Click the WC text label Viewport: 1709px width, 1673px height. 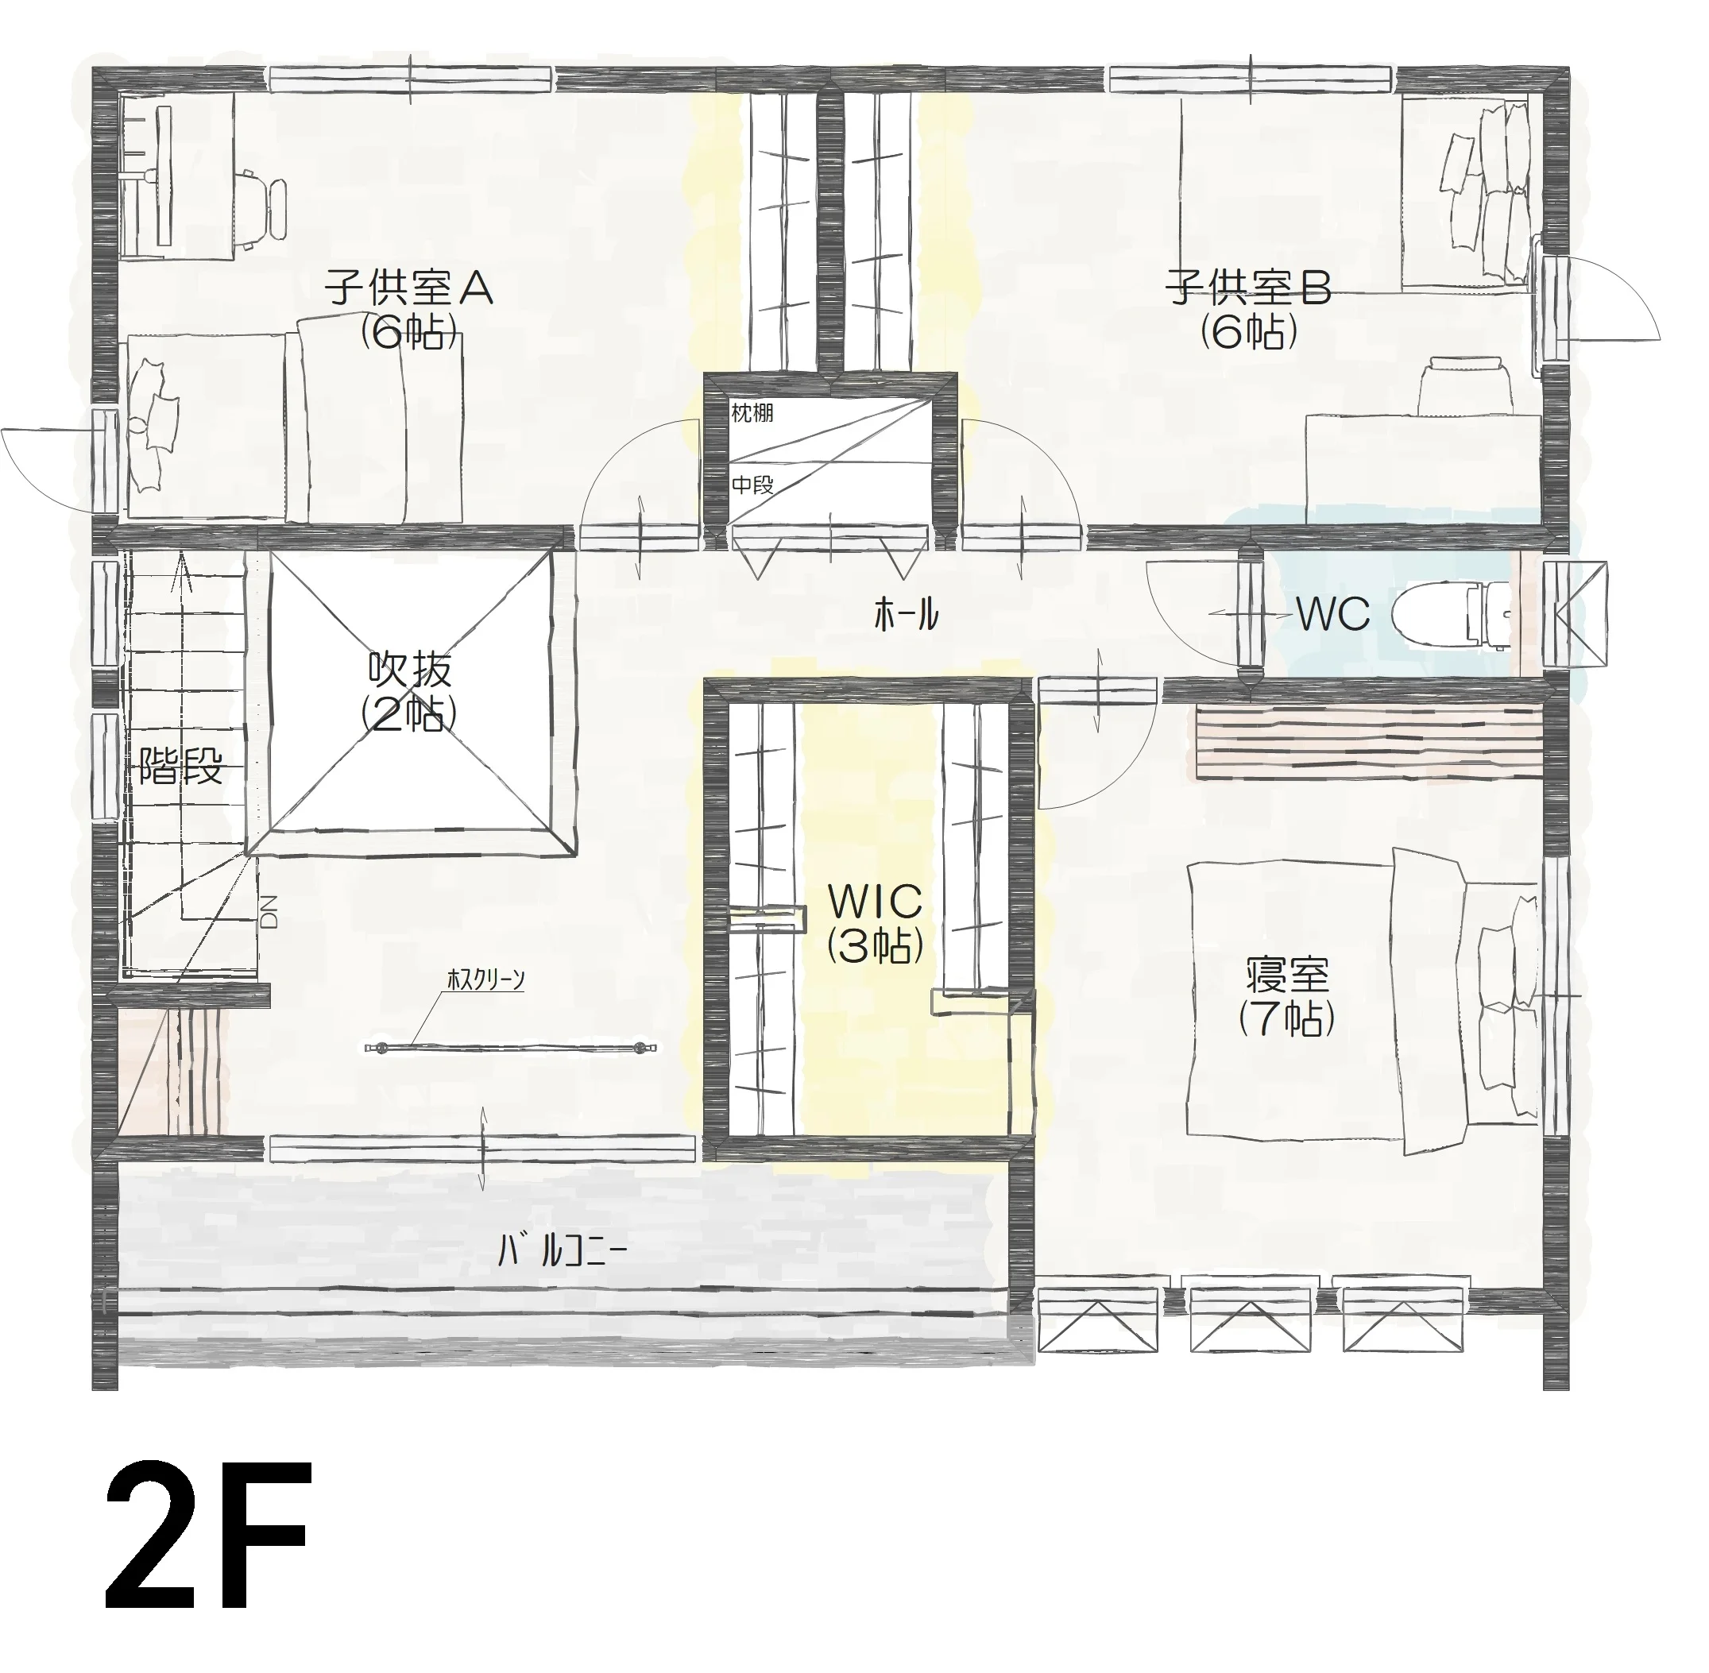(x=1333, y=613)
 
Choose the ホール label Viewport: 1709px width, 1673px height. (x=906, y=614)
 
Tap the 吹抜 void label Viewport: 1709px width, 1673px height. (x=409, y=670)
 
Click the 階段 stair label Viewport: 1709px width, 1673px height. (x=181, y=767)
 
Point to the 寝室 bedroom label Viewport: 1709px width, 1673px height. (x=1287, y=974)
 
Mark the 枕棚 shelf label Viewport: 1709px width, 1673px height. (x=752, y=412)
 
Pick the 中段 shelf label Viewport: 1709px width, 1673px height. (x=752, y=484)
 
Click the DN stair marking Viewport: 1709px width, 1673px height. (x=269, y=911)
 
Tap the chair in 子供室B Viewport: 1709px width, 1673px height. (x=1466, y=384)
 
